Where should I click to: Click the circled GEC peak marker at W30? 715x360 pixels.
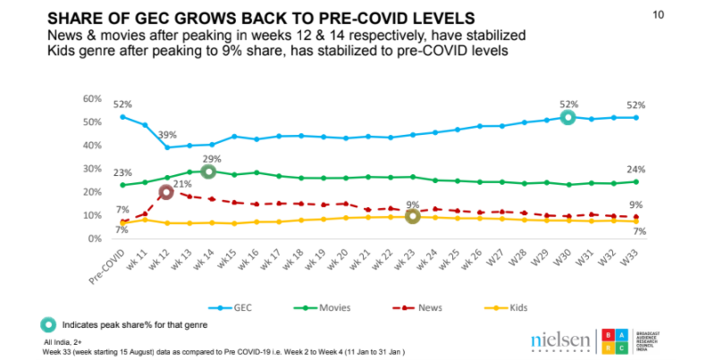click(x=567, y=117)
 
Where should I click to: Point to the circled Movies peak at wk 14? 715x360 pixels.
click(x=208, y=172)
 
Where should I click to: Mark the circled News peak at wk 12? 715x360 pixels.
click(x=165, y=192)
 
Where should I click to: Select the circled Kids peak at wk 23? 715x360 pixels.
click(x=412, y=216)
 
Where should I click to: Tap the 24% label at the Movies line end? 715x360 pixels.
click(x=637, y=171)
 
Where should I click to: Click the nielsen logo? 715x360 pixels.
click(x=560, y=340)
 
